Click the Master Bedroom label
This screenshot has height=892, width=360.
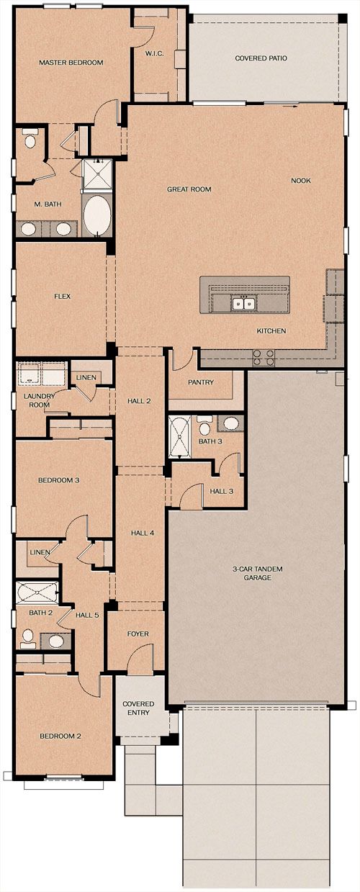pyautogui.click(x=71, y=63)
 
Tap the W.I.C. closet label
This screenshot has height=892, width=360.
pyautogui.click(x=154, y=53)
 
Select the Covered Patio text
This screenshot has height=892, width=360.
pyautogui.click(x=261, y=58)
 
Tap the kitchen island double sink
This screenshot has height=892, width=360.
pyautogui.click(x=243, y=304)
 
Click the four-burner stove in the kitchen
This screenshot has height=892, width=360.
pyautogui.click(x=264, y=357)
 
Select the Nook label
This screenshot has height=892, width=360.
pyautogui.click(x=301, y=181)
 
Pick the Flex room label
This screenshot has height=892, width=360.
pyautogui.click(x=63, y=297)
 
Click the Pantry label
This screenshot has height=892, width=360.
pyautogui.click(x=201, y=382)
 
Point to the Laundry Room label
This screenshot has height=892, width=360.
pyautogui.click(x=39, y=400)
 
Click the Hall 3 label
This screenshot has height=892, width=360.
pyautogui.click(x=222, y=492)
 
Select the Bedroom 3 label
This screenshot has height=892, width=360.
pyautogui.click(x=59, y=480)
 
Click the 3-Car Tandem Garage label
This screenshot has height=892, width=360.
pyautogui.click(x=257, y=573)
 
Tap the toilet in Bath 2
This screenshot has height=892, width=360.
pyautogui.click(x=28, y=636)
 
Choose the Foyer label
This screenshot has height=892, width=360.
pyautogui.click(x=138, y=634)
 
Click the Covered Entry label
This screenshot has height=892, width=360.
pyautogui.click(x=138, y=708)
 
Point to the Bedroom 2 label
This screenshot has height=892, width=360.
pyautogui.click(x=60, y=736)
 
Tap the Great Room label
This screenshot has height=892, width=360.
pyautogui.click(x=189, y=189)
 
